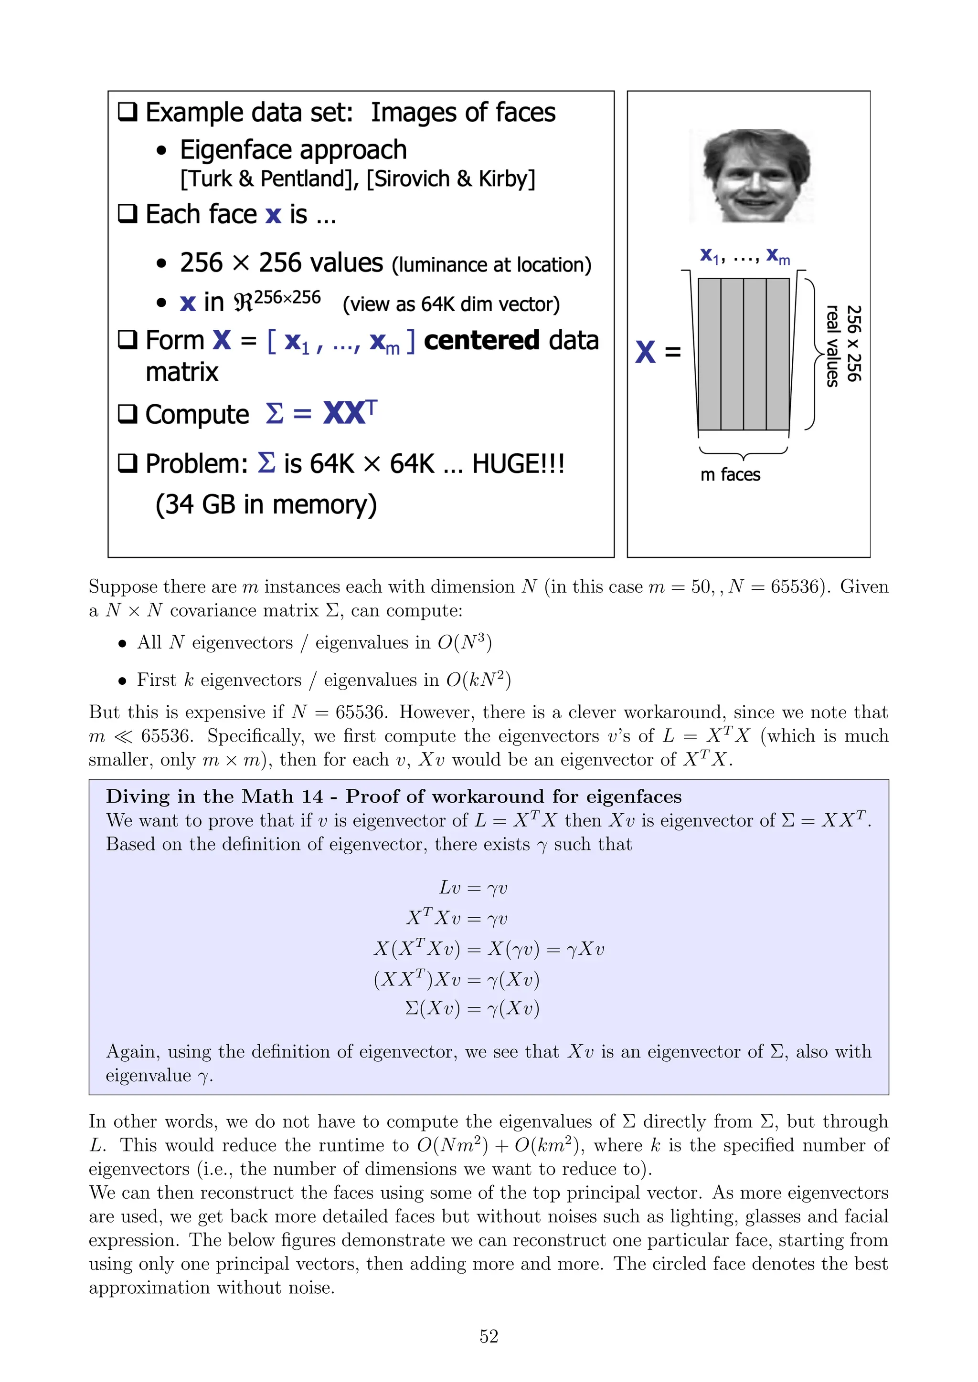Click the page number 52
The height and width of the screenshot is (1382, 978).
pos(489,1336)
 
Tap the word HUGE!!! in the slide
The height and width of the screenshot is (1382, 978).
pos(518,464)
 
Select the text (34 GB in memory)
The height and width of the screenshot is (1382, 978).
pos(266,504)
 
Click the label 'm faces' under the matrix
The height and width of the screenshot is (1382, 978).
pos(730,475)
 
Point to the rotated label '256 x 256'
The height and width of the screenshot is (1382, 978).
pos(854,343)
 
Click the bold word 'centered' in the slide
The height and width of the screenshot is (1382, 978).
pos(481,341)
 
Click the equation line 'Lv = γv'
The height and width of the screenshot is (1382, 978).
pos(473,888)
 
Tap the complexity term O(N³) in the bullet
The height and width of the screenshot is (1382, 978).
pos(464,642)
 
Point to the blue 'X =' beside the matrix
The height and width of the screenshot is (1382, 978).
pos(657,352)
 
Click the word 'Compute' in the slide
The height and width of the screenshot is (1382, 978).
pos(197,415)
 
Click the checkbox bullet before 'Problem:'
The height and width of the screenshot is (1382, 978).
pos(127,463)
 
